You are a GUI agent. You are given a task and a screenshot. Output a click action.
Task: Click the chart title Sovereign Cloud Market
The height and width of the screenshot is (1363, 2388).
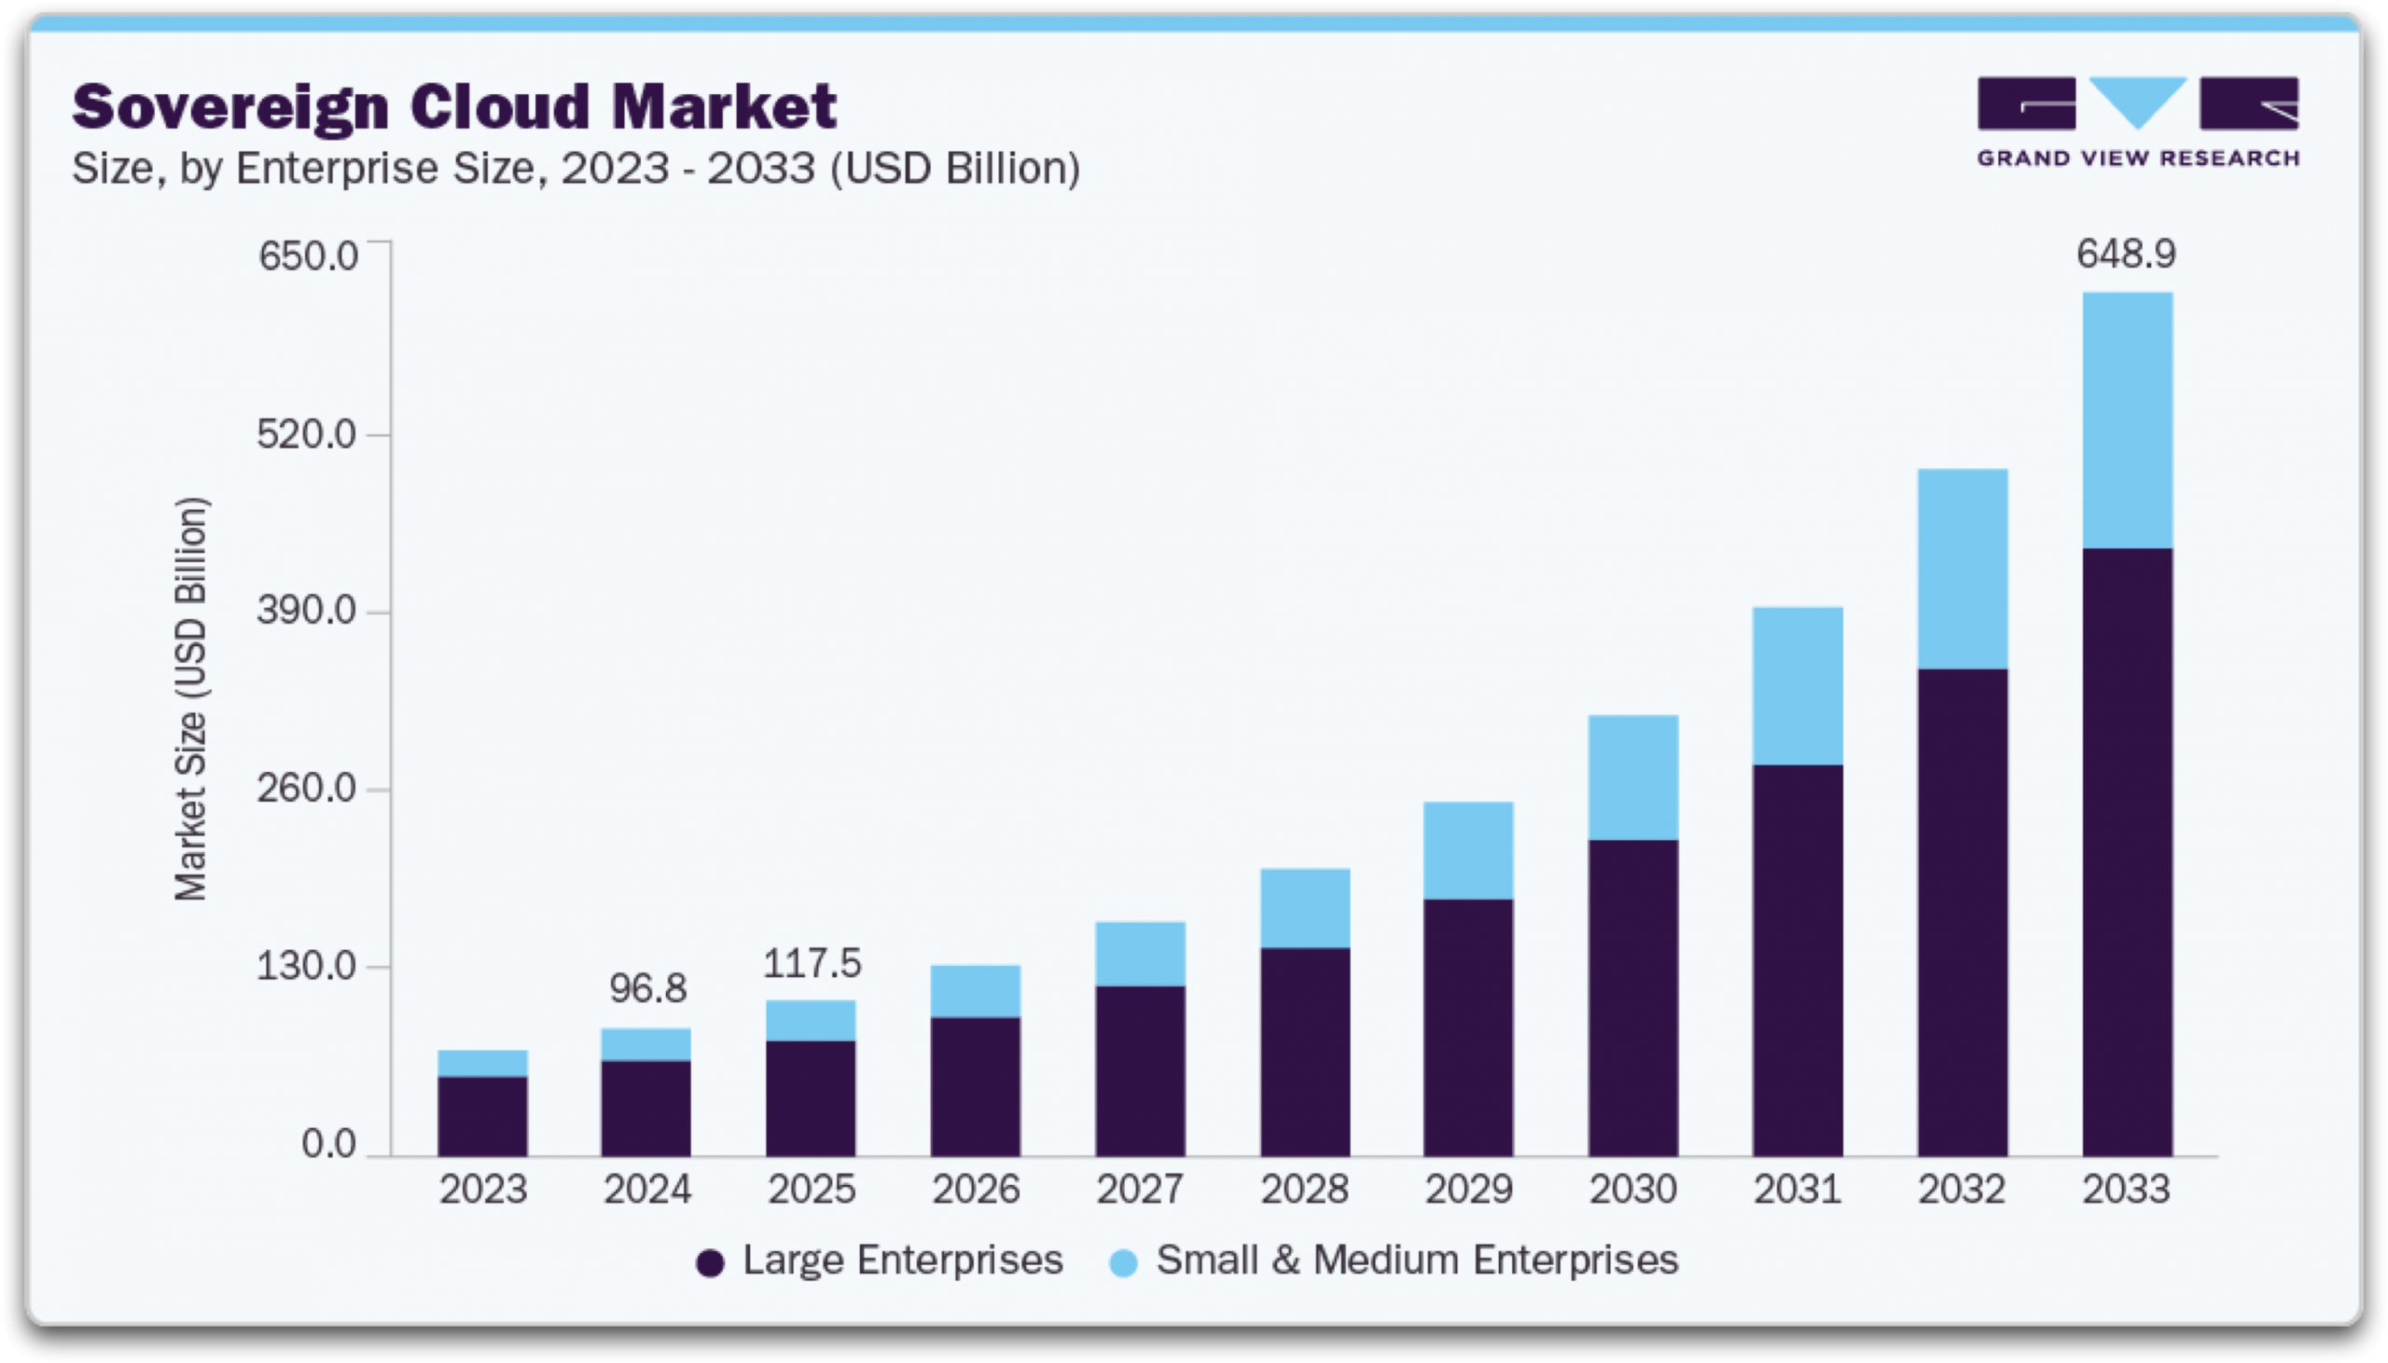coord(454,105)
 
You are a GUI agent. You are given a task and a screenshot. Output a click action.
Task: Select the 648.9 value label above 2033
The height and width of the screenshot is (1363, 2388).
coord(2126,255)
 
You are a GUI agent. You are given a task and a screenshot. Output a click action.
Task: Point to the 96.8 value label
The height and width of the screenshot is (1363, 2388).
coord(647,988)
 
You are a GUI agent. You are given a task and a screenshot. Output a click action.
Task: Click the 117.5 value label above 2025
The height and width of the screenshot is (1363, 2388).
coord(811,963)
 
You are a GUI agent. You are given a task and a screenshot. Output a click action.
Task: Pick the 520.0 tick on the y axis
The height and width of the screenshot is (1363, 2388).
coord(307,434)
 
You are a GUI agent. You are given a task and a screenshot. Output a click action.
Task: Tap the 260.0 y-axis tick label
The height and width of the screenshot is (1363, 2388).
coord(307,788)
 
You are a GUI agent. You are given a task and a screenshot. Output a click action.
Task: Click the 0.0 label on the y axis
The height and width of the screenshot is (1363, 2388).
coord(328,1144)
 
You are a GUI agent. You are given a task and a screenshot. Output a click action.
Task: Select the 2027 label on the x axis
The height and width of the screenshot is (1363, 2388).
coord(1140,1190)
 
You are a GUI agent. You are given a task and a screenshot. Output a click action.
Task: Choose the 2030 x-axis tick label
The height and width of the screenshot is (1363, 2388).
coord(1633,1190)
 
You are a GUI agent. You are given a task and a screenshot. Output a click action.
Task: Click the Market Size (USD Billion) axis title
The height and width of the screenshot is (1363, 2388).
coord(191,698)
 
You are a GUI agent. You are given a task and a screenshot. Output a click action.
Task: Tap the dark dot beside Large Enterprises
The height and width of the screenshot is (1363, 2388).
coord(710,1263)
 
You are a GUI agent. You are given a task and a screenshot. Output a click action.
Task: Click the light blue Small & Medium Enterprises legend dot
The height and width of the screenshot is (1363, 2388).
coord(1123,1263)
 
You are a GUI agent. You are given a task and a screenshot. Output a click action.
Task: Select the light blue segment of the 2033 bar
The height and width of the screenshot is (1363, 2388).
coord(2127,420)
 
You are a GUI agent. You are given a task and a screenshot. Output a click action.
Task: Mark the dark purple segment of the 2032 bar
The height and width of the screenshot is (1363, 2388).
coord(1962,913)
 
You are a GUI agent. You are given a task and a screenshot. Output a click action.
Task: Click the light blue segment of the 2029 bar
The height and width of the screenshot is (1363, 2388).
coord(1468,850)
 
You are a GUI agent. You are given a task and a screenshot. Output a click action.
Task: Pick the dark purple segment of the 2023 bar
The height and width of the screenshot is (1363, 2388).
coord(482,1116)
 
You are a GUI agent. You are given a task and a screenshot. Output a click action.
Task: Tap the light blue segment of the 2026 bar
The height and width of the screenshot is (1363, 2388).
coord(975,990)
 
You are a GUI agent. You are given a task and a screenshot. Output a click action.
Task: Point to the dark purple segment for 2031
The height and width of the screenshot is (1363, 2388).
coord(1798,959)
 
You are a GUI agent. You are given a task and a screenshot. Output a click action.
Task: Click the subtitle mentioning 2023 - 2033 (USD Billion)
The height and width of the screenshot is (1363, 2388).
coord(576,169)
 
